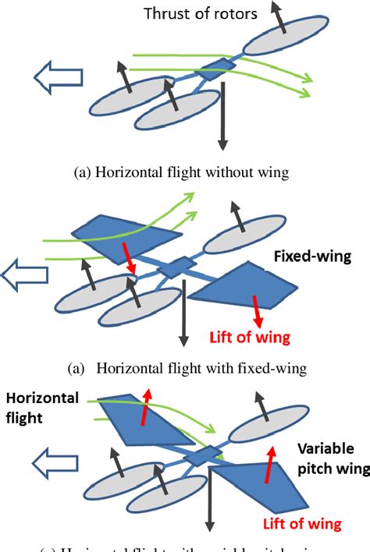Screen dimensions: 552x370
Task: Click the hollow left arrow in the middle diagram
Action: [23, 275]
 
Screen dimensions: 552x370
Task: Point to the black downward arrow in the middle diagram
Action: [184, 312]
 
